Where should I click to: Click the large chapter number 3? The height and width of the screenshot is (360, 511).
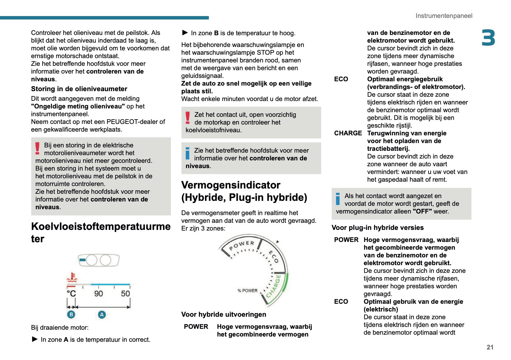click(x=488, y=38)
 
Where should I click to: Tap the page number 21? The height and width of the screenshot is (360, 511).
click(x=490, y=347)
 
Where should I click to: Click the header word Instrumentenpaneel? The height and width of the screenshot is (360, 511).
click(x=444, y=16)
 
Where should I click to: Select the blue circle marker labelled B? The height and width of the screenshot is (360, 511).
click(x=71, y=315)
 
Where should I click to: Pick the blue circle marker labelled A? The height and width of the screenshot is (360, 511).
click(x=102, y=315)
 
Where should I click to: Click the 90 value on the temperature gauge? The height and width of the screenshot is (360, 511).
click(x=98, y=293)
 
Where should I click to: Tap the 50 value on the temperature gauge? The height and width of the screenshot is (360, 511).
click(x=125, y=293)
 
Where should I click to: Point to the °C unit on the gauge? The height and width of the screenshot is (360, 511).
click(x=71, y=293)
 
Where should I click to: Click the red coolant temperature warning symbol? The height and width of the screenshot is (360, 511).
click(x=72, y=277)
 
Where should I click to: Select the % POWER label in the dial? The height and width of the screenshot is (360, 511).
click(x=247, y=290)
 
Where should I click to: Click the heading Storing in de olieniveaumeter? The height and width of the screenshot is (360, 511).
click(x=79, y=89)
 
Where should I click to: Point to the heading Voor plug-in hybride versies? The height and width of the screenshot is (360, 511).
click(x=377, y=228)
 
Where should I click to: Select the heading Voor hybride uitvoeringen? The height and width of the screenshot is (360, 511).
click(x=224, y=315)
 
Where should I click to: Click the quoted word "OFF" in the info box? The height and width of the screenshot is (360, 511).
click(x=422, y=211)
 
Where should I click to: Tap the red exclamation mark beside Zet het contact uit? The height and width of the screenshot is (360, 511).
click(x=188, y=118)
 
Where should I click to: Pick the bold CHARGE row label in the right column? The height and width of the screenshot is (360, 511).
click(x=348, y=133)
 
